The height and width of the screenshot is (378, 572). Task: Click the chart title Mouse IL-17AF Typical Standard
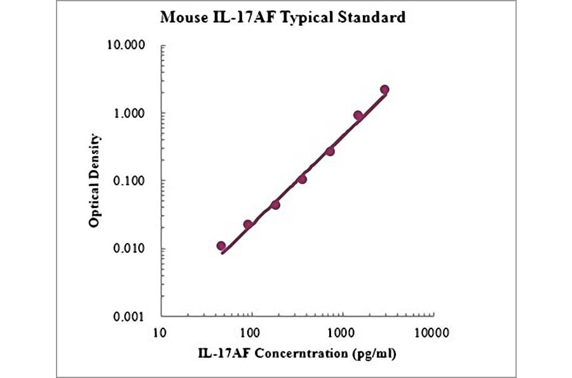[x=282, y=17]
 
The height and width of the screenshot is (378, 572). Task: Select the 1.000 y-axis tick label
[x=130, y=113]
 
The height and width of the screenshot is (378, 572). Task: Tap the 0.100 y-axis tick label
[x=130, y=181]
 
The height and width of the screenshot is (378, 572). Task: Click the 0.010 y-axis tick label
[x=130, y=249]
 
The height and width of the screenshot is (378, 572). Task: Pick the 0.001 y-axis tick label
[x=130, y=316]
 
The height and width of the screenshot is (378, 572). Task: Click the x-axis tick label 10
[x=160, y=332]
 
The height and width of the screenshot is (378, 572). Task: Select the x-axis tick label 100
[x=251, y=332]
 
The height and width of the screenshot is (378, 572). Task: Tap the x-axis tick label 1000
[x=343, y=332]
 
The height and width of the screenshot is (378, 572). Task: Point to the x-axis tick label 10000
[x=434, y=332]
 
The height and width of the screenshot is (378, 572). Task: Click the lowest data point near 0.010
[x=221, y=246]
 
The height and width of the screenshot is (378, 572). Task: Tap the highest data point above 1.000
[x=385, y=90]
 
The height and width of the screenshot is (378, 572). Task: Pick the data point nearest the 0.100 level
[x=302, y=179]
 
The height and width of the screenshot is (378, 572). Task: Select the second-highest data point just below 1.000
[x=358, y=115]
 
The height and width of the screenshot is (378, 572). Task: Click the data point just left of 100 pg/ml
[x=248, y=225]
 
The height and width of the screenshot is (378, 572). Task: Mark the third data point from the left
[x=275, y=205]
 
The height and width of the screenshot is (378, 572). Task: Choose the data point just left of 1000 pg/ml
[x=330, y=151]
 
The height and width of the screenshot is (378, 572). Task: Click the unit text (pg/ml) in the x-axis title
[x=374, y=354]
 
